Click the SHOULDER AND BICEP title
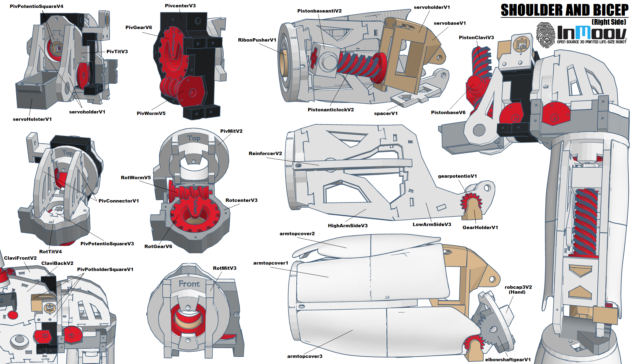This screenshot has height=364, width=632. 564,10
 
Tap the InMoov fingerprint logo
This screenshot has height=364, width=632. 545,35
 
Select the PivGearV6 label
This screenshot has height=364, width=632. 139,28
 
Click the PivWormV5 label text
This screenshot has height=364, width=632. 151,113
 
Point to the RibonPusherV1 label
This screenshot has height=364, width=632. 257,40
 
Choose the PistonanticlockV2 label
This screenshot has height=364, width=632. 331,110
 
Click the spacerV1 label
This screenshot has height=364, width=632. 386,113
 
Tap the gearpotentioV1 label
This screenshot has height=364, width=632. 457,176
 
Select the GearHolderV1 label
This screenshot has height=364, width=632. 480,228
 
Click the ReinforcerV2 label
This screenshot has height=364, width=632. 265,154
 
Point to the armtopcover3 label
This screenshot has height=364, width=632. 305,356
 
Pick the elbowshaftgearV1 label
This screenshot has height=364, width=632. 508,360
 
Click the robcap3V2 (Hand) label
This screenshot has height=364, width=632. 518,289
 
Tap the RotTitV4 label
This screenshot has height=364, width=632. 50,252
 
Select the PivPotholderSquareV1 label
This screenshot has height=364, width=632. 105,269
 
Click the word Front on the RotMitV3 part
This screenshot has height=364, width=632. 189,284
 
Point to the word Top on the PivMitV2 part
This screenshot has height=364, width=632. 194,138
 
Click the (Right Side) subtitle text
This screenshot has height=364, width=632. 609,22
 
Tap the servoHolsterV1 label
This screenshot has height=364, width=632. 32,119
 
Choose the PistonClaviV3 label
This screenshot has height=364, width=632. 476,38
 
